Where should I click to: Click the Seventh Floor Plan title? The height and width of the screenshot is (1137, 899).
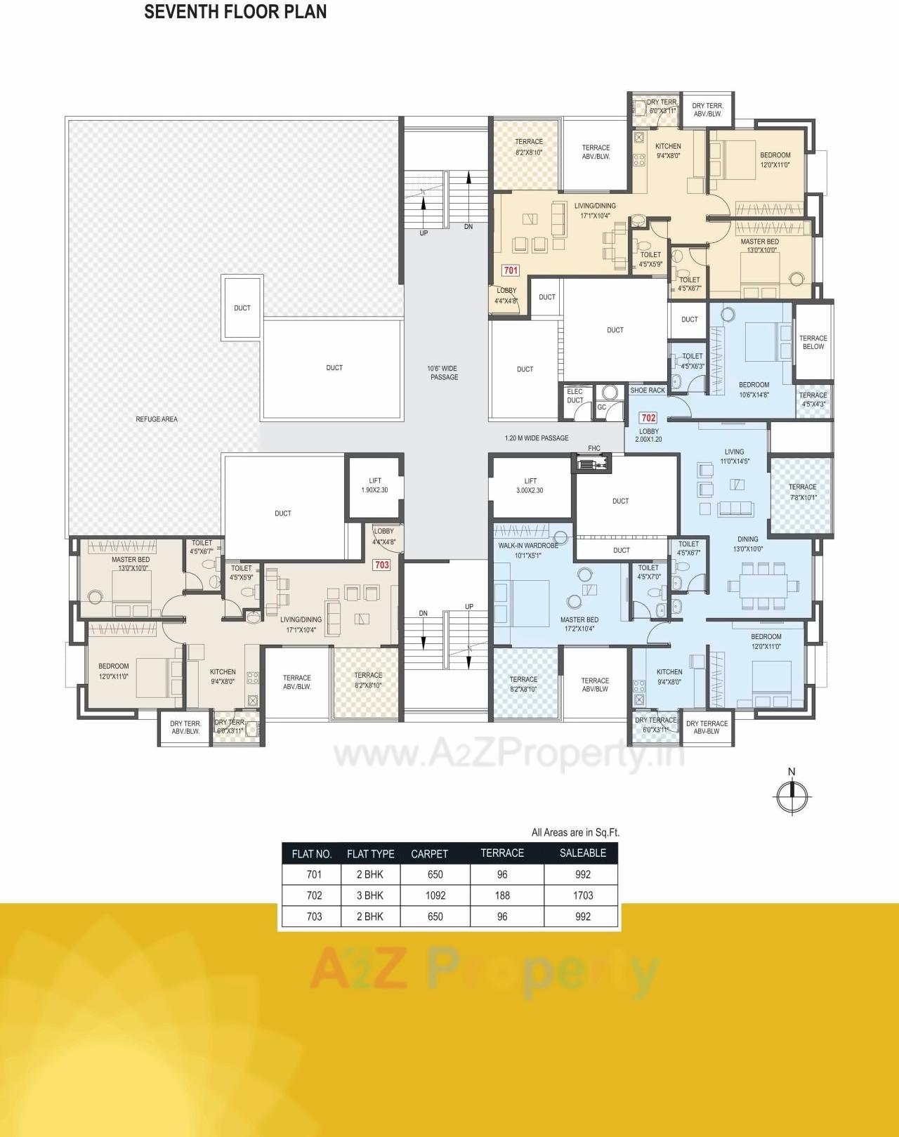pyautogui.click(x=235, y=12)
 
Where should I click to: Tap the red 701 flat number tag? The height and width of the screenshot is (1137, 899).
pyautogui.click(x=511, y=270)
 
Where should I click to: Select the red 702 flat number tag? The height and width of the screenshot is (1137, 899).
pyautogui.click(x=648, y=418)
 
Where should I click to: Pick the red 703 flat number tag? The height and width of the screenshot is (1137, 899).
pyautogui.click(x=381, y=565)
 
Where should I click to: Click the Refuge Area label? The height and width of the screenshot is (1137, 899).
pyautogui.click(x=157, y=419)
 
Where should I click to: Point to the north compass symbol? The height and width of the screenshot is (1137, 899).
pyautogui.click(x=792, y=795)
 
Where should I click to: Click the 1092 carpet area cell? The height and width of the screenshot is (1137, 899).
pyautogui.click(x=435, y=895)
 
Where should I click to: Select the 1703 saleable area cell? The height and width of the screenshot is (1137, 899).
pyautogui.click(x=583, y=895)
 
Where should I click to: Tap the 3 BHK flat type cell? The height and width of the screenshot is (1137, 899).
pyautogui.click(x=370, y=895)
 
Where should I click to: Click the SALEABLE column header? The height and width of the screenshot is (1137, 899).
pyautogui.click(x=583, y=853)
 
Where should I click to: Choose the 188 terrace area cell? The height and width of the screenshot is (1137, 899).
pyautogui.click(x=502, y=895)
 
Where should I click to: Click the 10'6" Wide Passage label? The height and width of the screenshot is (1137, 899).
pyautogui.click(x=443, y=373)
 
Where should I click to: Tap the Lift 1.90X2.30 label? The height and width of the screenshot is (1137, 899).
pyautogui.click(x=375, y=485)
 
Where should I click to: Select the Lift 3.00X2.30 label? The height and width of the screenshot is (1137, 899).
pyautogui.click(x=530, y=485)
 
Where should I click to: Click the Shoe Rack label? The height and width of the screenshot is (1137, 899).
pyautogui.click(x=648, y=390)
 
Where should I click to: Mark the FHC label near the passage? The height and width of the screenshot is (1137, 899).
pyautogui.click(x=594, y=449)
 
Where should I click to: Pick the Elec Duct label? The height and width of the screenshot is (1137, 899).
pyautogui.click(x=575, y=396)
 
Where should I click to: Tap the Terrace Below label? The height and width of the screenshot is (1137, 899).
pyautogui.click(x=813, y=342)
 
